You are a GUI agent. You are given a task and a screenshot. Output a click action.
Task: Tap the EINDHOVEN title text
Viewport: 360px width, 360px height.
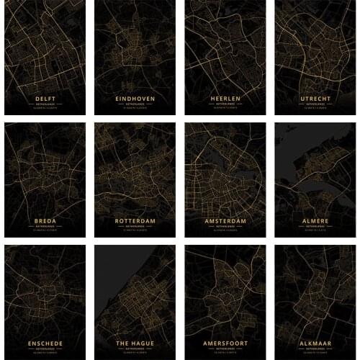[x=135, y=98]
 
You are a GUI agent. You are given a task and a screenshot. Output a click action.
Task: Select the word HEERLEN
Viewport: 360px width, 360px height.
[x=225, y=98]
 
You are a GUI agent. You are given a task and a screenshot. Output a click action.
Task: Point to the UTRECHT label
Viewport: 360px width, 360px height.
[x=315, y=98]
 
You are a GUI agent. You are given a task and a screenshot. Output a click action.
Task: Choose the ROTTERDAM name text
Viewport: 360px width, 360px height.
[x=135, y=220]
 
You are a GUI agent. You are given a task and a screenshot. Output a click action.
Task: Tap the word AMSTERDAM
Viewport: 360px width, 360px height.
[x=225, y=220]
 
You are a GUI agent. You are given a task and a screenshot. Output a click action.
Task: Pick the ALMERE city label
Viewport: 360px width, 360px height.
[x=315, y=220]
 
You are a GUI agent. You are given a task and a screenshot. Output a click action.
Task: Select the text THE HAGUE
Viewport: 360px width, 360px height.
[x=135, y=343]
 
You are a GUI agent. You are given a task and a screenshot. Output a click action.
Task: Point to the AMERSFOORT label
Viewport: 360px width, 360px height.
[x=225, y=343]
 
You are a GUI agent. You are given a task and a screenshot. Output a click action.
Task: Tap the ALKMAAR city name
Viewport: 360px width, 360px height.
[x=315, y=343]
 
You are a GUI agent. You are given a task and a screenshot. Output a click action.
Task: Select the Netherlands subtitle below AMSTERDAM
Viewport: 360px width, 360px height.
[x=225, y=227]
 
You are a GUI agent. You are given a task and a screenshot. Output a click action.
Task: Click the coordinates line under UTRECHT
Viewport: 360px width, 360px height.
[x=315, y=109]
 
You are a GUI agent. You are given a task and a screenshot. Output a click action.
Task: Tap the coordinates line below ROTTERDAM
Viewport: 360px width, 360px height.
[x=135, y=231]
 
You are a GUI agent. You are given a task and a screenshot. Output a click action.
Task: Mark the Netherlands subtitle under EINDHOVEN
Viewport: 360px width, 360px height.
[x=135, y=104]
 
